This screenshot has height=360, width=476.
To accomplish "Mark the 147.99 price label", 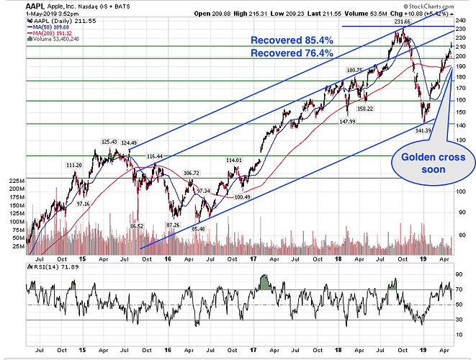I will (x=348, y=121).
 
